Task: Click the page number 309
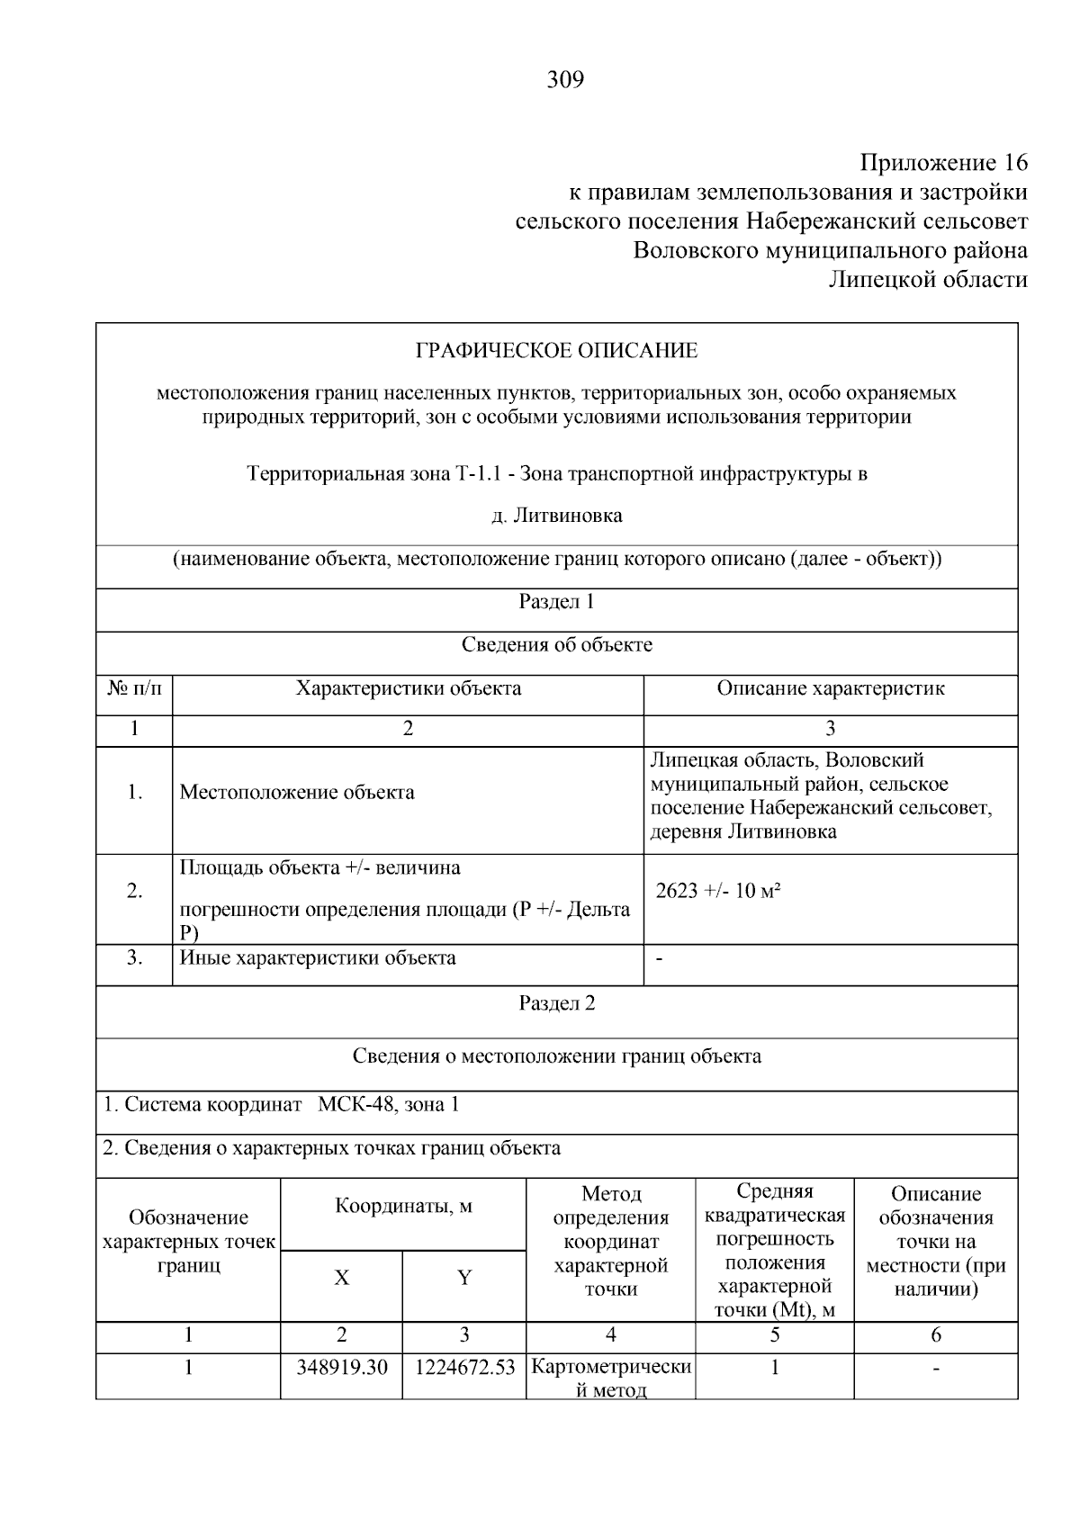[565, 81]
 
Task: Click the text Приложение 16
[943, 163]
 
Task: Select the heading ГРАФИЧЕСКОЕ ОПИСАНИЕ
[556, 351]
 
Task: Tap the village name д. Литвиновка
[556, 516]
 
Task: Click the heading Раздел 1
[556, 602]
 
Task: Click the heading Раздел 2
[556, 1003]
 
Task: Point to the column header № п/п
[135, 689]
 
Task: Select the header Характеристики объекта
[409, 689]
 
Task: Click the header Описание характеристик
[830, 689]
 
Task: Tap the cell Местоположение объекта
[297, 793]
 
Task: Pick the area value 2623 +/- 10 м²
[717, 892]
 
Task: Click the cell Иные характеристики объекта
[318, 957]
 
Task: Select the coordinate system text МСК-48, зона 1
[389, 1105]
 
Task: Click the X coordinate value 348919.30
[342, 1368]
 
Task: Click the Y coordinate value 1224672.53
[464, 1368]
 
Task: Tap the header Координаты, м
[403, 1206]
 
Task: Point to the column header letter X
[342, 1279]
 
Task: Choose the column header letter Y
[464, 1279]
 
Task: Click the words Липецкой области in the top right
[927, 280]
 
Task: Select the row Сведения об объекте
[556, 645]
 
